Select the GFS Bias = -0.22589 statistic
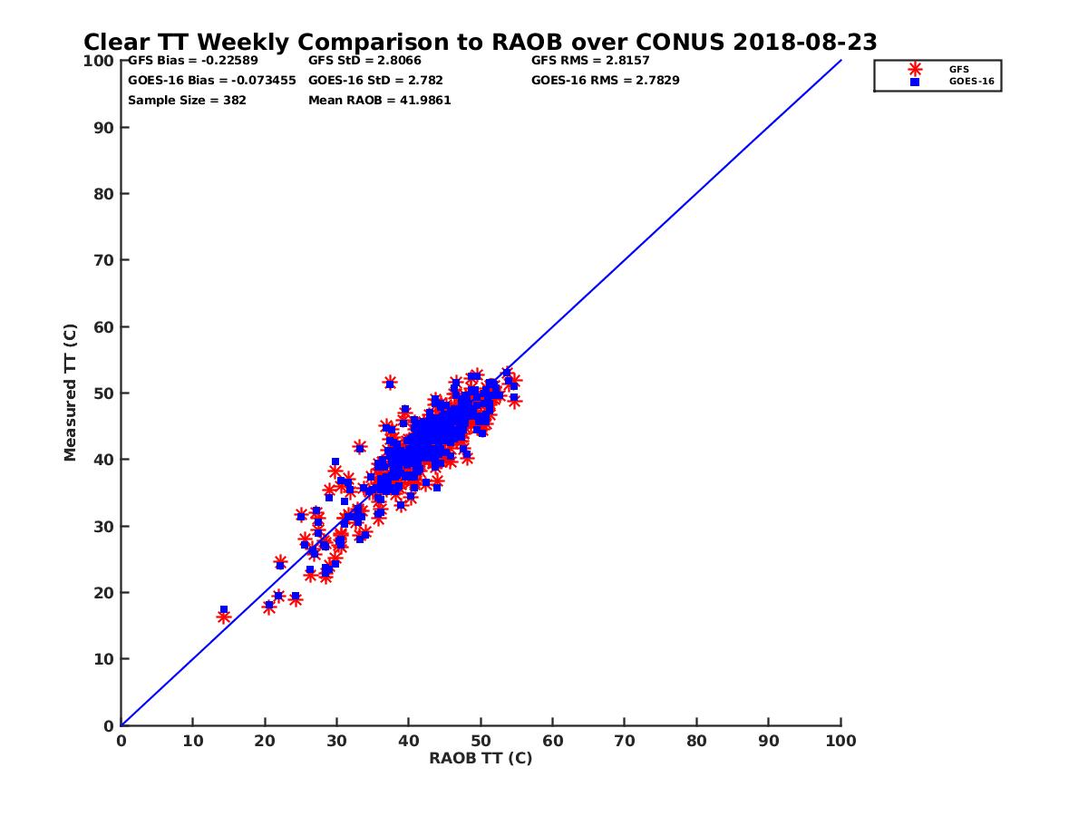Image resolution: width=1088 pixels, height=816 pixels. pyautogui.click(x=192, y=61)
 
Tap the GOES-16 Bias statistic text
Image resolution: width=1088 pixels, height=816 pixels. pyautogui.click(x=211, y=80)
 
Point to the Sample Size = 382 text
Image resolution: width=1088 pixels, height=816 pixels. pyautogui.click(x=187, y=100)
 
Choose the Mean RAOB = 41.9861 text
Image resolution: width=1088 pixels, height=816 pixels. pyautogui.click(x=379, y=100)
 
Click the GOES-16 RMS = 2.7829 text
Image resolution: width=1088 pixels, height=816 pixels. pyautogui.click(x=605, y=80)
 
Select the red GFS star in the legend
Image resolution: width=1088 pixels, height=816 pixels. pyautogui.click(x=915, y=69)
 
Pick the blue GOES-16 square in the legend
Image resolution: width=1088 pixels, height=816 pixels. pyautogui.click(x=915, y=82)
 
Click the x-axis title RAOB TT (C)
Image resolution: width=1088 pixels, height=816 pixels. pyautogui.click(x=481, y=758)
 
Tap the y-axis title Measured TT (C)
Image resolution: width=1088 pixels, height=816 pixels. pyautogui.click(x=71, y=393)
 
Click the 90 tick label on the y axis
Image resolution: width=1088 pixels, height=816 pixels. pyautogui.click(x=103, y=127)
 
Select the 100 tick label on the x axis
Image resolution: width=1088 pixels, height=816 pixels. pyautogui.click(x=841, y=740)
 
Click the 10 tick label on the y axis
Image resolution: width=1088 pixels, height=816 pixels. pyautogui.click(x=103, y=659)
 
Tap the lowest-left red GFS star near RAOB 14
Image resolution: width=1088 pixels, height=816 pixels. pyautogui.click(x=224, y=617)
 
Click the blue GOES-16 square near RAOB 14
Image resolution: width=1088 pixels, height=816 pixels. pyautogui.click(x=224, y=609)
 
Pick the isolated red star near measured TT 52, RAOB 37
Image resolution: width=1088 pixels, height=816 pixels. pyautogui.click(x=390, y=383)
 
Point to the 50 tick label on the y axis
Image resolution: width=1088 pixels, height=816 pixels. pyautogui.click(x=103, y=393)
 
